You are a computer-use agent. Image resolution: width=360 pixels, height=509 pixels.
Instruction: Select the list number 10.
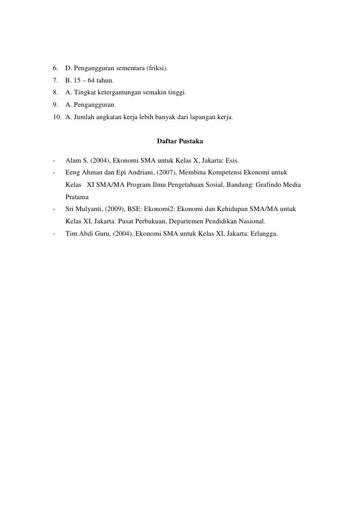click(x=56, y=117)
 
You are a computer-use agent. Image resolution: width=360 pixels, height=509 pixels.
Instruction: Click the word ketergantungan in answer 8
click(x=117, y=92)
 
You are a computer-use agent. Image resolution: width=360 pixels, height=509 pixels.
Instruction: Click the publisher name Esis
click(x=231, y=160)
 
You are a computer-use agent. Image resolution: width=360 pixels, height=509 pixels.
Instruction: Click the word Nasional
click(x=251, y=222)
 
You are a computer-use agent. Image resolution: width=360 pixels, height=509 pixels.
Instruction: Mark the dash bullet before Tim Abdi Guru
click(x=52, y=234)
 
